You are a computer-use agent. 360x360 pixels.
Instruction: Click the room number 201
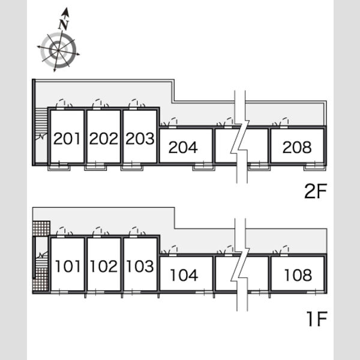click(67, 139)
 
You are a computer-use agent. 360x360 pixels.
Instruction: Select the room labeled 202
click(104, 139)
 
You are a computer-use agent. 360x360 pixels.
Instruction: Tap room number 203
click(140, 139)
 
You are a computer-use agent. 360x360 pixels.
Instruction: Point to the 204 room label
click(183, 147)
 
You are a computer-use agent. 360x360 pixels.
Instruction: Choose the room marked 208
click(297, 147)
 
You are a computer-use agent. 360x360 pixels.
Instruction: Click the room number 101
click(68, 266)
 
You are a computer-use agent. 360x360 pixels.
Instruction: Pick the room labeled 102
click(104, 266)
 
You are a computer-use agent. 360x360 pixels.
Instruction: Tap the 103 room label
click(140, 266)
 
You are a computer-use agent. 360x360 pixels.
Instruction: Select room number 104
click(184, 275)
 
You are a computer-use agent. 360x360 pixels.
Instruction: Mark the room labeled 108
click(298, 275)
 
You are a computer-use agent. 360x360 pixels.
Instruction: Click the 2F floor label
click(316, 191)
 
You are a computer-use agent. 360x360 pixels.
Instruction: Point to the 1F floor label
click(317, 319)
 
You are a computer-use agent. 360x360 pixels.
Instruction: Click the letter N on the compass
click(64, 25)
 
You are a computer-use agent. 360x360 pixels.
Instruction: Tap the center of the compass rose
click(58, 50)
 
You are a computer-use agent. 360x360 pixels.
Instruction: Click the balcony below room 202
click(95, 167)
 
